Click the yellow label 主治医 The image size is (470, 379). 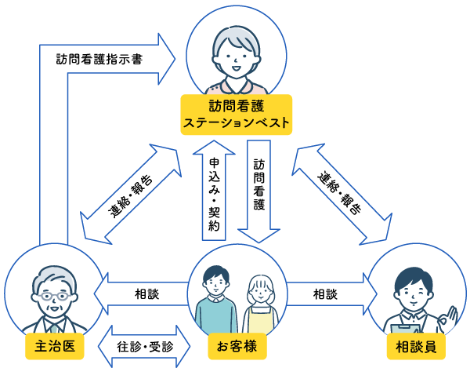click(55, 346)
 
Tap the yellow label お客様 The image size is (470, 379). click(237, 346)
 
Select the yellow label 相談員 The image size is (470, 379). click(416, 346)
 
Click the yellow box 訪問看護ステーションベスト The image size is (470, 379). click(237, 114)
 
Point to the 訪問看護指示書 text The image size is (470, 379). click(99, 59)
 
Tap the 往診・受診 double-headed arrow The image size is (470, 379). click(144, 346)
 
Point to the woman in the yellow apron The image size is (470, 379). click(259, 302)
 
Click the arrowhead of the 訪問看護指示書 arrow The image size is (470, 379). click(168, 59)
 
